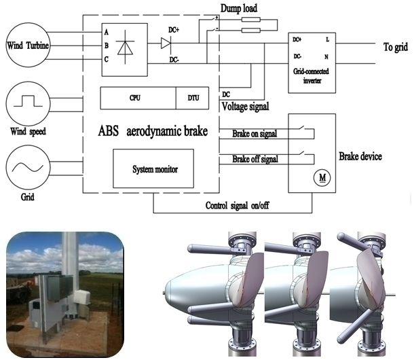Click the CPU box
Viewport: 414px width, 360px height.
[x=136, y=98]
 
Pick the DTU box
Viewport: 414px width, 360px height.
[x=193, y=98]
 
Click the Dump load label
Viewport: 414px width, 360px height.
[x=238, y=8]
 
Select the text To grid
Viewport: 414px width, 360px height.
[x=396, y=48]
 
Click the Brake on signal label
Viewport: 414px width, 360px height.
[x=255, y=134]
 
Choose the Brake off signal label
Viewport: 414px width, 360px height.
[x=255, y=159]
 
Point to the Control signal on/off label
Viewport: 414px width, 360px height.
[x=237, y=204]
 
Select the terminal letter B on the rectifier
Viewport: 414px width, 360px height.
[x=106, y=46]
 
